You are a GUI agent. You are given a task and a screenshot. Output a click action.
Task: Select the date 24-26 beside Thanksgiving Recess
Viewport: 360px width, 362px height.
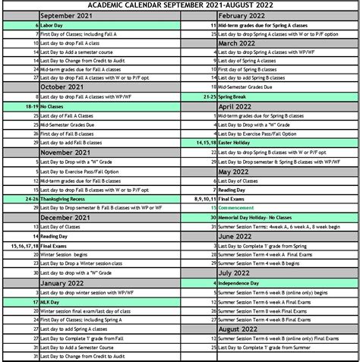[30, 199]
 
